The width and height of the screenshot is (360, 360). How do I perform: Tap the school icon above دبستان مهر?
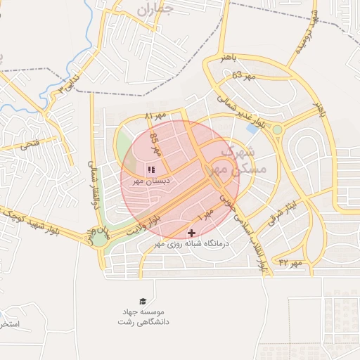coord(151,169)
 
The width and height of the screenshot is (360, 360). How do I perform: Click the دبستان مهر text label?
coord(153,181)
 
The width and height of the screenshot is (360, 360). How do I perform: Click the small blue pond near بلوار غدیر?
coord(252,129)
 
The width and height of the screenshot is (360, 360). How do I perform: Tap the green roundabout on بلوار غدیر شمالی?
coord(278,129)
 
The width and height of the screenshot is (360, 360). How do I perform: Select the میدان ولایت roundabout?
coord(101,238)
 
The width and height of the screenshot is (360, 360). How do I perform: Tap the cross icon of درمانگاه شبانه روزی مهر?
coord(191,233)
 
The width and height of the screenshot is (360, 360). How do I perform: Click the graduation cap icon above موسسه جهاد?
coord(143,301)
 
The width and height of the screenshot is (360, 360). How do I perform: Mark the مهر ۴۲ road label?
coord(290,262)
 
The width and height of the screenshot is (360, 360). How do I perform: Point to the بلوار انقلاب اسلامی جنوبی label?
coord(243,225)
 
